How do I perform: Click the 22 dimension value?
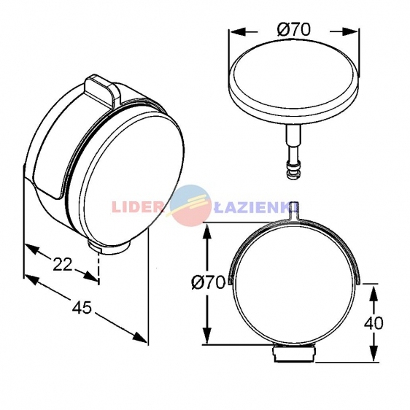[x=63, y=264]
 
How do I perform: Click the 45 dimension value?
[x=82, y=307]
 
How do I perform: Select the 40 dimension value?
[x=374, y=323]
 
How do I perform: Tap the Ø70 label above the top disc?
[x=294, y=29]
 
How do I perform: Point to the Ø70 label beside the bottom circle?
[x=208, y=282]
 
